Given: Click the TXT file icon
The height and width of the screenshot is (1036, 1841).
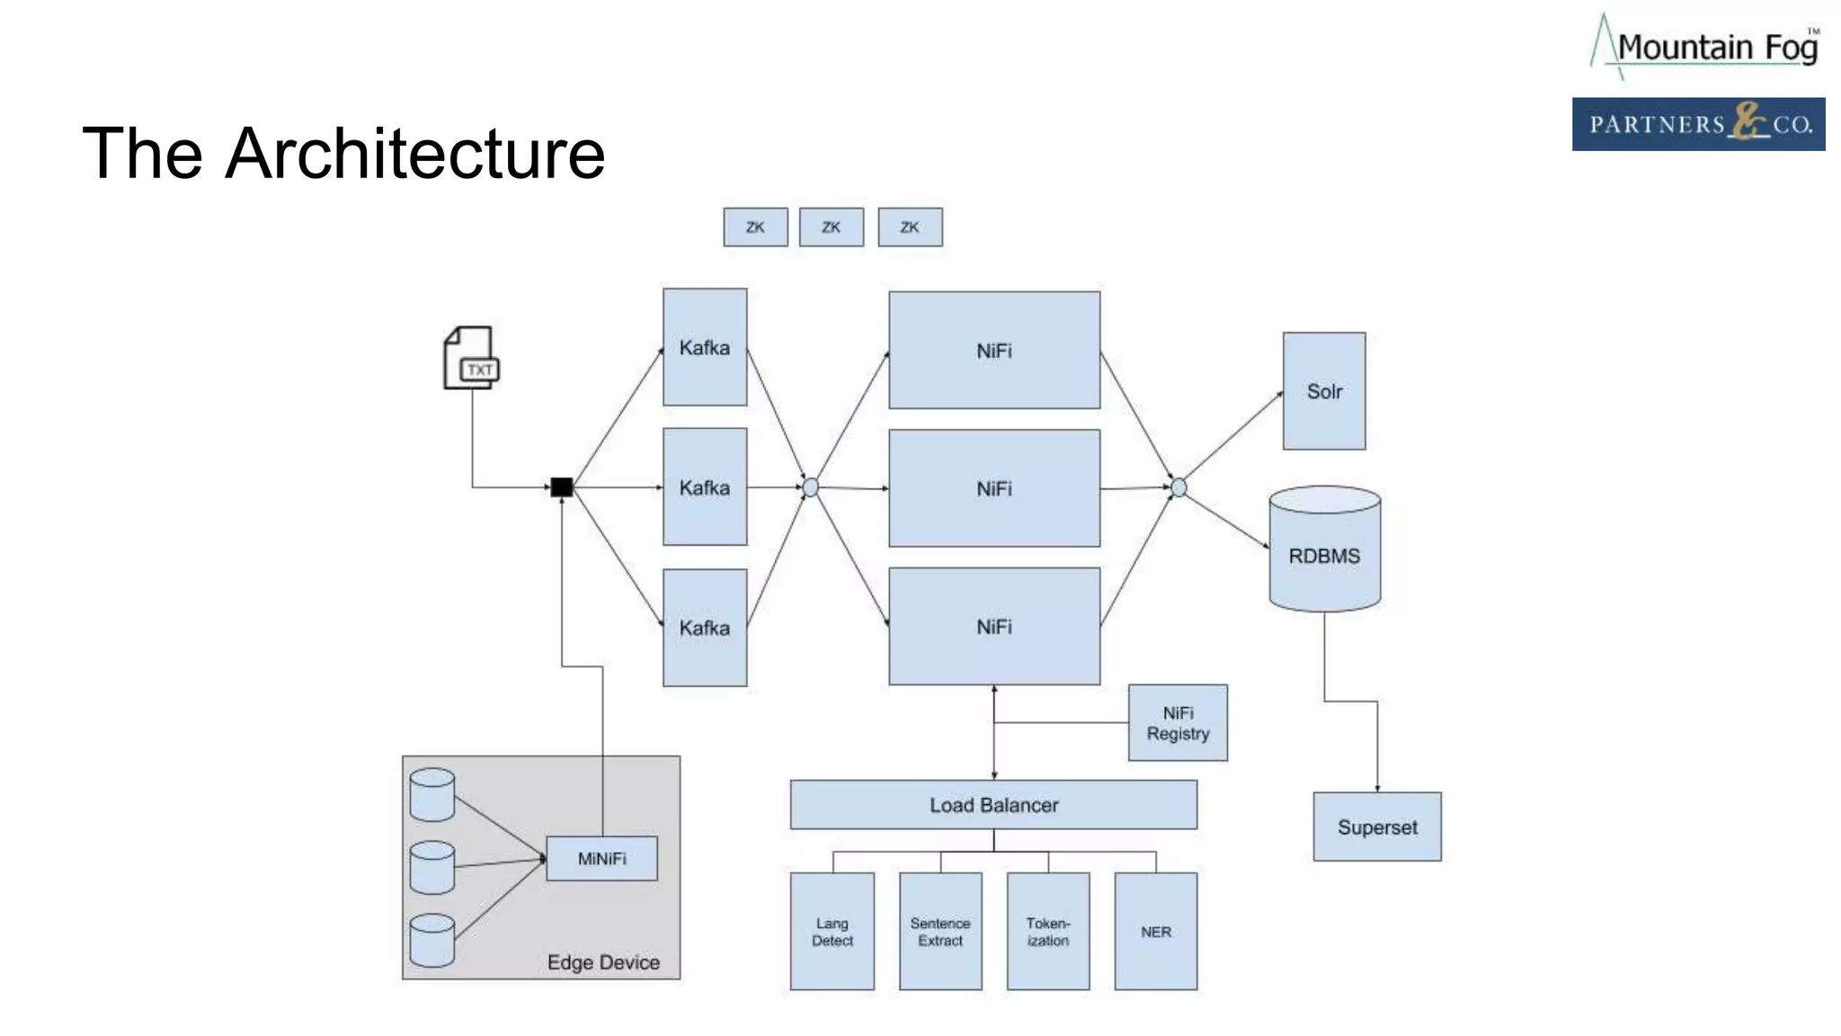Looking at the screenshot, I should (x=471, y=358).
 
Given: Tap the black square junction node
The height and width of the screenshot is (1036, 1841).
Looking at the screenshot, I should (x=562, y=487).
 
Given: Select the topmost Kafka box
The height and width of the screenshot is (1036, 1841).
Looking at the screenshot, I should (x=705, y=347).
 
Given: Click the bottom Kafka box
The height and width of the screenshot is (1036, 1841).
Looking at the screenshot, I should (x=705, y=628).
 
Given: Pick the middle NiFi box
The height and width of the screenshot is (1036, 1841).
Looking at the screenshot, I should (x=994, y=488).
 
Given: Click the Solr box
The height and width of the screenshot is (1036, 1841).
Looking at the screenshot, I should (x=1324, y=391).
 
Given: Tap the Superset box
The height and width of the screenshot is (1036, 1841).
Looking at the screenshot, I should (x=1377, y=826).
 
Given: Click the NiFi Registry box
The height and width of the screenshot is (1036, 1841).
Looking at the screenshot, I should (x=1178, y=723).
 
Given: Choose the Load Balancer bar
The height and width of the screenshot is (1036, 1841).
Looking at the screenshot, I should (x=993, y=805).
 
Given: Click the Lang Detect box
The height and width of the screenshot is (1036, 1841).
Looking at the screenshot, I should (x=832, y=932).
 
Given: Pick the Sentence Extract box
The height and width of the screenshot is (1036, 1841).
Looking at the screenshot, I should (x=940, y=932).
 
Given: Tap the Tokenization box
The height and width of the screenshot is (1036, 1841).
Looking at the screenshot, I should (x=1048, y=932).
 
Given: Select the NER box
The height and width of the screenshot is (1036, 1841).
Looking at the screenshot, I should (x=1156, y=932).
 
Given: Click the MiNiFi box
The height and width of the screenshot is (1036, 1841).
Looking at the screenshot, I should (x=601, y=859).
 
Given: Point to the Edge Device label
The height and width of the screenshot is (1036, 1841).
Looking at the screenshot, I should (x=603, y=962).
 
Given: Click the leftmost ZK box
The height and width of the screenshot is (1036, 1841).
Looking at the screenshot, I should (x=755, y=228).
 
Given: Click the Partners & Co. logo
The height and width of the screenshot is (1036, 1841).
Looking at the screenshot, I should (x=1698, y=124).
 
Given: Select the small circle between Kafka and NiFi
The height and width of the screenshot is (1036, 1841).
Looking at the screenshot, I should (x=811, y=487).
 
